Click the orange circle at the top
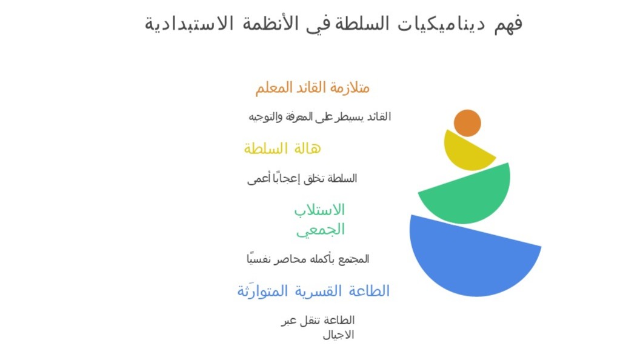(467, 123)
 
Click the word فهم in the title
(508, 24)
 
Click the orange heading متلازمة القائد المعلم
(312, 88)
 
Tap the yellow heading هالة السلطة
(282, 148)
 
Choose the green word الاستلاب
(319, 210)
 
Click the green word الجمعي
(321, 230)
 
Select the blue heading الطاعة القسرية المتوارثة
(313, 291)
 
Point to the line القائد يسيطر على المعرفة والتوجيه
(319, 117)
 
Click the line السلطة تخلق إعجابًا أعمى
(302, 178)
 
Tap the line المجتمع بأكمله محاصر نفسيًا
(308, 259)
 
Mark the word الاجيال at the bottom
(338, 335)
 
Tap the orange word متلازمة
(350, 88)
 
